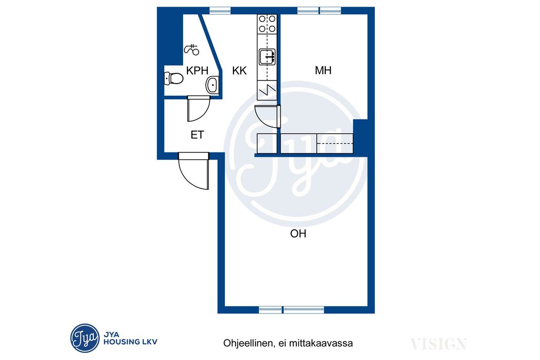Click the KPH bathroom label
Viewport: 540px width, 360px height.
pos(197,70)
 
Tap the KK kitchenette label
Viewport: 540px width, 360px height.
pos(239,70)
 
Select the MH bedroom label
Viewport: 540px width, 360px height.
pos(323,70)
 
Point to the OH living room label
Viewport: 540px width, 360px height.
pos(298,234)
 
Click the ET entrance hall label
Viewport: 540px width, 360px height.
pos(198,135)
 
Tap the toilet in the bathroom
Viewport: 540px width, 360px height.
pos(174,78)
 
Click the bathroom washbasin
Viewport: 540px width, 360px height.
pos(212,85)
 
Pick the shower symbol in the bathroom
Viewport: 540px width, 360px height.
pos(192,50)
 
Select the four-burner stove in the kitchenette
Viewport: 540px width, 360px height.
pos(267,23)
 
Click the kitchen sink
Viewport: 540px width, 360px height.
pos(267,57)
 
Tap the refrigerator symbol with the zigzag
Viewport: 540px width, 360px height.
pos(267,91)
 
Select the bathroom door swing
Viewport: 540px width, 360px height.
pos(199,109)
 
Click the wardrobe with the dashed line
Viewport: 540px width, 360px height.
pos(335,143)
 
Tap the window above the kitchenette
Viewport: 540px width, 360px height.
pos(220,11)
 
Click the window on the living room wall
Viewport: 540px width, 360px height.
pos(291,310)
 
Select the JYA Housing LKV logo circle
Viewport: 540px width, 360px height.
pos(85,338)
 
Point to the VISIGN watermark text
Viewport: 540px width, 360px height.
pos(438,344)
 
